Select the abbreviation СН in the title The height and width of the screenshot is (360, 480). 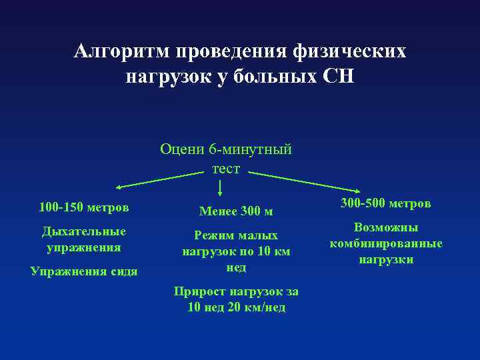pyautogui.click(x=339, y=77)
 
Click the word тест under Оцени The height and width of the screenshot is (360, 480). pyautogui.click(x=226, y=169)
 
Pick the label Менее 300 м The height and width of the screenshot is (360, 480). pyautogui.click(x=236, y=211)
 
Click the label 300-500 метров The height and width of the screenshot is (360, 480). pyautogui.click(x=386, y=202)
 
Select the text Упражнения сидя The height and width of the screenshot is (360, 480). pyautogui.click(x=84, y=271)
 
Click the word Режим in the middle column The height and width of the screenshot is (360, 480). pyautogui.click(x=213, y=235)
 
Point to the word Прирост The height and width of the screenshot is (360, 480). pyautogui.click(x=200, y=291)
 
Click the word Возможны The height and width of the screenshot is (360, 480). pyautogui.click(x=386, y=227)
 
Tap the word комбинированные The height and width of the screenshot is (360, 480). pyautogui.click(x=386, y=243)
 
